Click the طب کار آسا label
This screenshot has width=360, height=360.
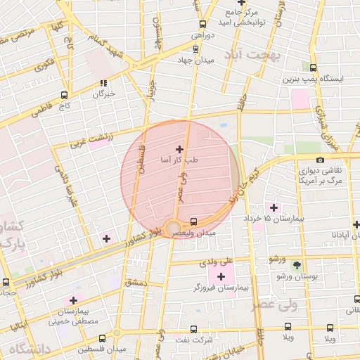pos(181,160)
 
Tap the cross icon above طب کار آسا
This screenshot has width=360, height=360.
pos(180,149)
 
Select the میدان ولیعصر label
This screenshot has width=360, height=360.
pos(196,232)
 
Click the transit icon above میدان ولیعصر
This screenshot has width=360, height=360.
pos(194,221)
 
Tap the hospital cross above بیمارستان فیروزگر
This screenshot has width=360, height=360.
pos(221,276)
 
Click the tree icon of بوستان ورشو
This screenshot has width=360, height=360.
pos(297,265)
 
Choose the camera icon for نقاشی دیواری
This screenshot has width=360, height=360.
pos(320,160)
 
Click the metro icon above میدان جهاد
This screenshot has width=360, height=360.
pos(195,49)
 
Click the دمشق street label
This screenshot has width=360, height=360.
pos(133,282)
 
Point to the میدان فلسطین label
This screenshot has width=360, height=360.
pos(102,349)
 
